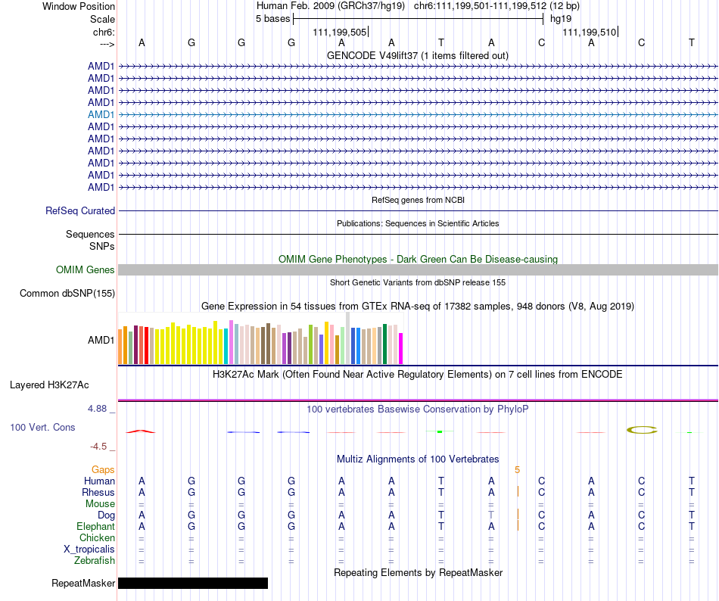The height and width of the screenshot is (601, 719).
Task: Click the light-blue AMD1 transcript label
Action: point(101,114)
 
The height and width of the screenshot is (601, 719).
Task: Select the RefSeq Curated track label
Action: point(80,211)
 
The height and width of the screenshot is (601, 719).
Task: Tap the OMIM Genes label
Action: point(86,269)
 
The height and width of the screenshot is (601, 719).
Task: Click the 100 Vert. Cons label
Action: point(42,428)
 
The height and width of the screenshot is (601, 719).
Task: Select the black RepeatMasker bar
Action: point(193,583)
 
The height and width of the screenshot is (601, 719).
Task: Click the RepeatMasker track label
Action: point(83,584)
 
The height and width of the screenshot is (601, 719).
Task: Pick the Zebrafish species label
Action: point(95,561)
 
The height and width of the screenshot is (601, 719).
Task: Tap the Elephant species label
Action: point(95,527)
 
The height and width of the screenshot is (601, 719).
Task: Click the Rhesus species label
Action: point(98,493)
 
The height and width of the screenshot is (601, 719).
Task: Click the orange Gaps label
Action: point(103,470)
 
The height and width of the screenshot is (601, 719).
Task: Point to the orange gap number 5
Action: point(518,470)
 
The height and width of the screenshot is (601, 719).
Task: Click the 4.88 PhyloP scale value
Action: point(101,409)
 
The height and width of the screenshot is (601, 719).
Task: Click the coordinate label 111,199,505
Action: point(340,32)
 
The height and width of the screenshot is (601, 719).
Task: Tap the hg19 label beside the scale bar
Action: point(561,18)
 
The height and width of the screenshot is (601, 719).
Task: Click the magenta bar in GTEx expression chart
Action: point(401,348)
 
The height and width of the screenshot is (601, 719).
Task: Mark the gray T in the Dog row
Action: point(491,515)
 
